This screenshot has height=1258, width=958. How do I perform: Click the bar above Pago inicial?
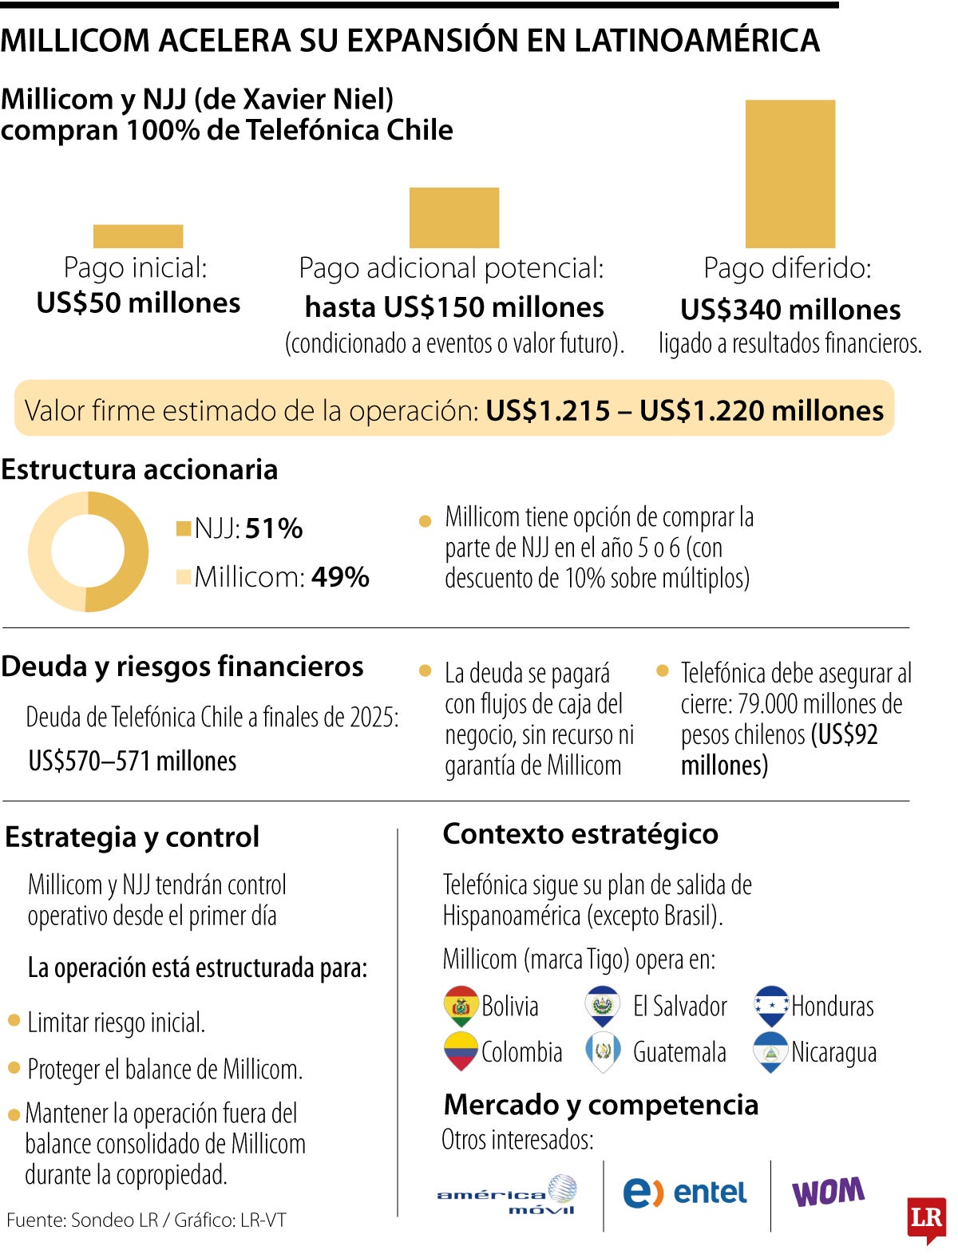point(138,236)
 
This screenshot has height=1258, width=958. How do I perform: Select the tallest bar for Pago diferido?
point(790,174)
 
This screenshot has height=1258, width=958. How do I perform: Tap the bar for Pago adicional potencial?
point(453,218)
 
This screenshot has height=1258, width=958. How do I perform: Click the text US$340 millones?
point(790,310)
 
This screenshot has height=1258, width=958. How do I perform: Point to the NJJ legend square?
point(184,528)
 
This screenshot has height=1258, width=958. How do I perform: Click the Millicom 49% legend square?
point(184,576)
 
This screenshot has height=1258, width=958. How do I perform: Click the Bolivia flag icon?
point(461,1006)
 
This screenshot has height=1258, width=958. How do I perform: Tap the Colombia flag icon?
point(461,1051)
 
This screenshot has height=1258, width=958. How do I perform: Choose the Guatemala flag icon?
point(603,1051)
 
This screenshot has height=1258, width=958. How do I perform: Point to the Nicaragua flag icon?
point(771,1051)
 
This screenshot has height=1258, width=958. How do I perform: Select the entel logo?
point(684,1193)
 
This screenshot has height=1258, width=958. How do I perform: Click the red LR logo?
point(926,1219)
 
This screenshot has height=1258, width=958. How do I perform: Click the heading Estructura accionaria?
point(140,469)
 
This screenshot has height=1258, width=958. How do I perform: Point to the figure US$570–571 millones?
point(133,761)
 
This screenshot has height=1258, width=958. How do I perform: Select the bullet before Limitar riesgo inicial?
point(14,1020)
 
